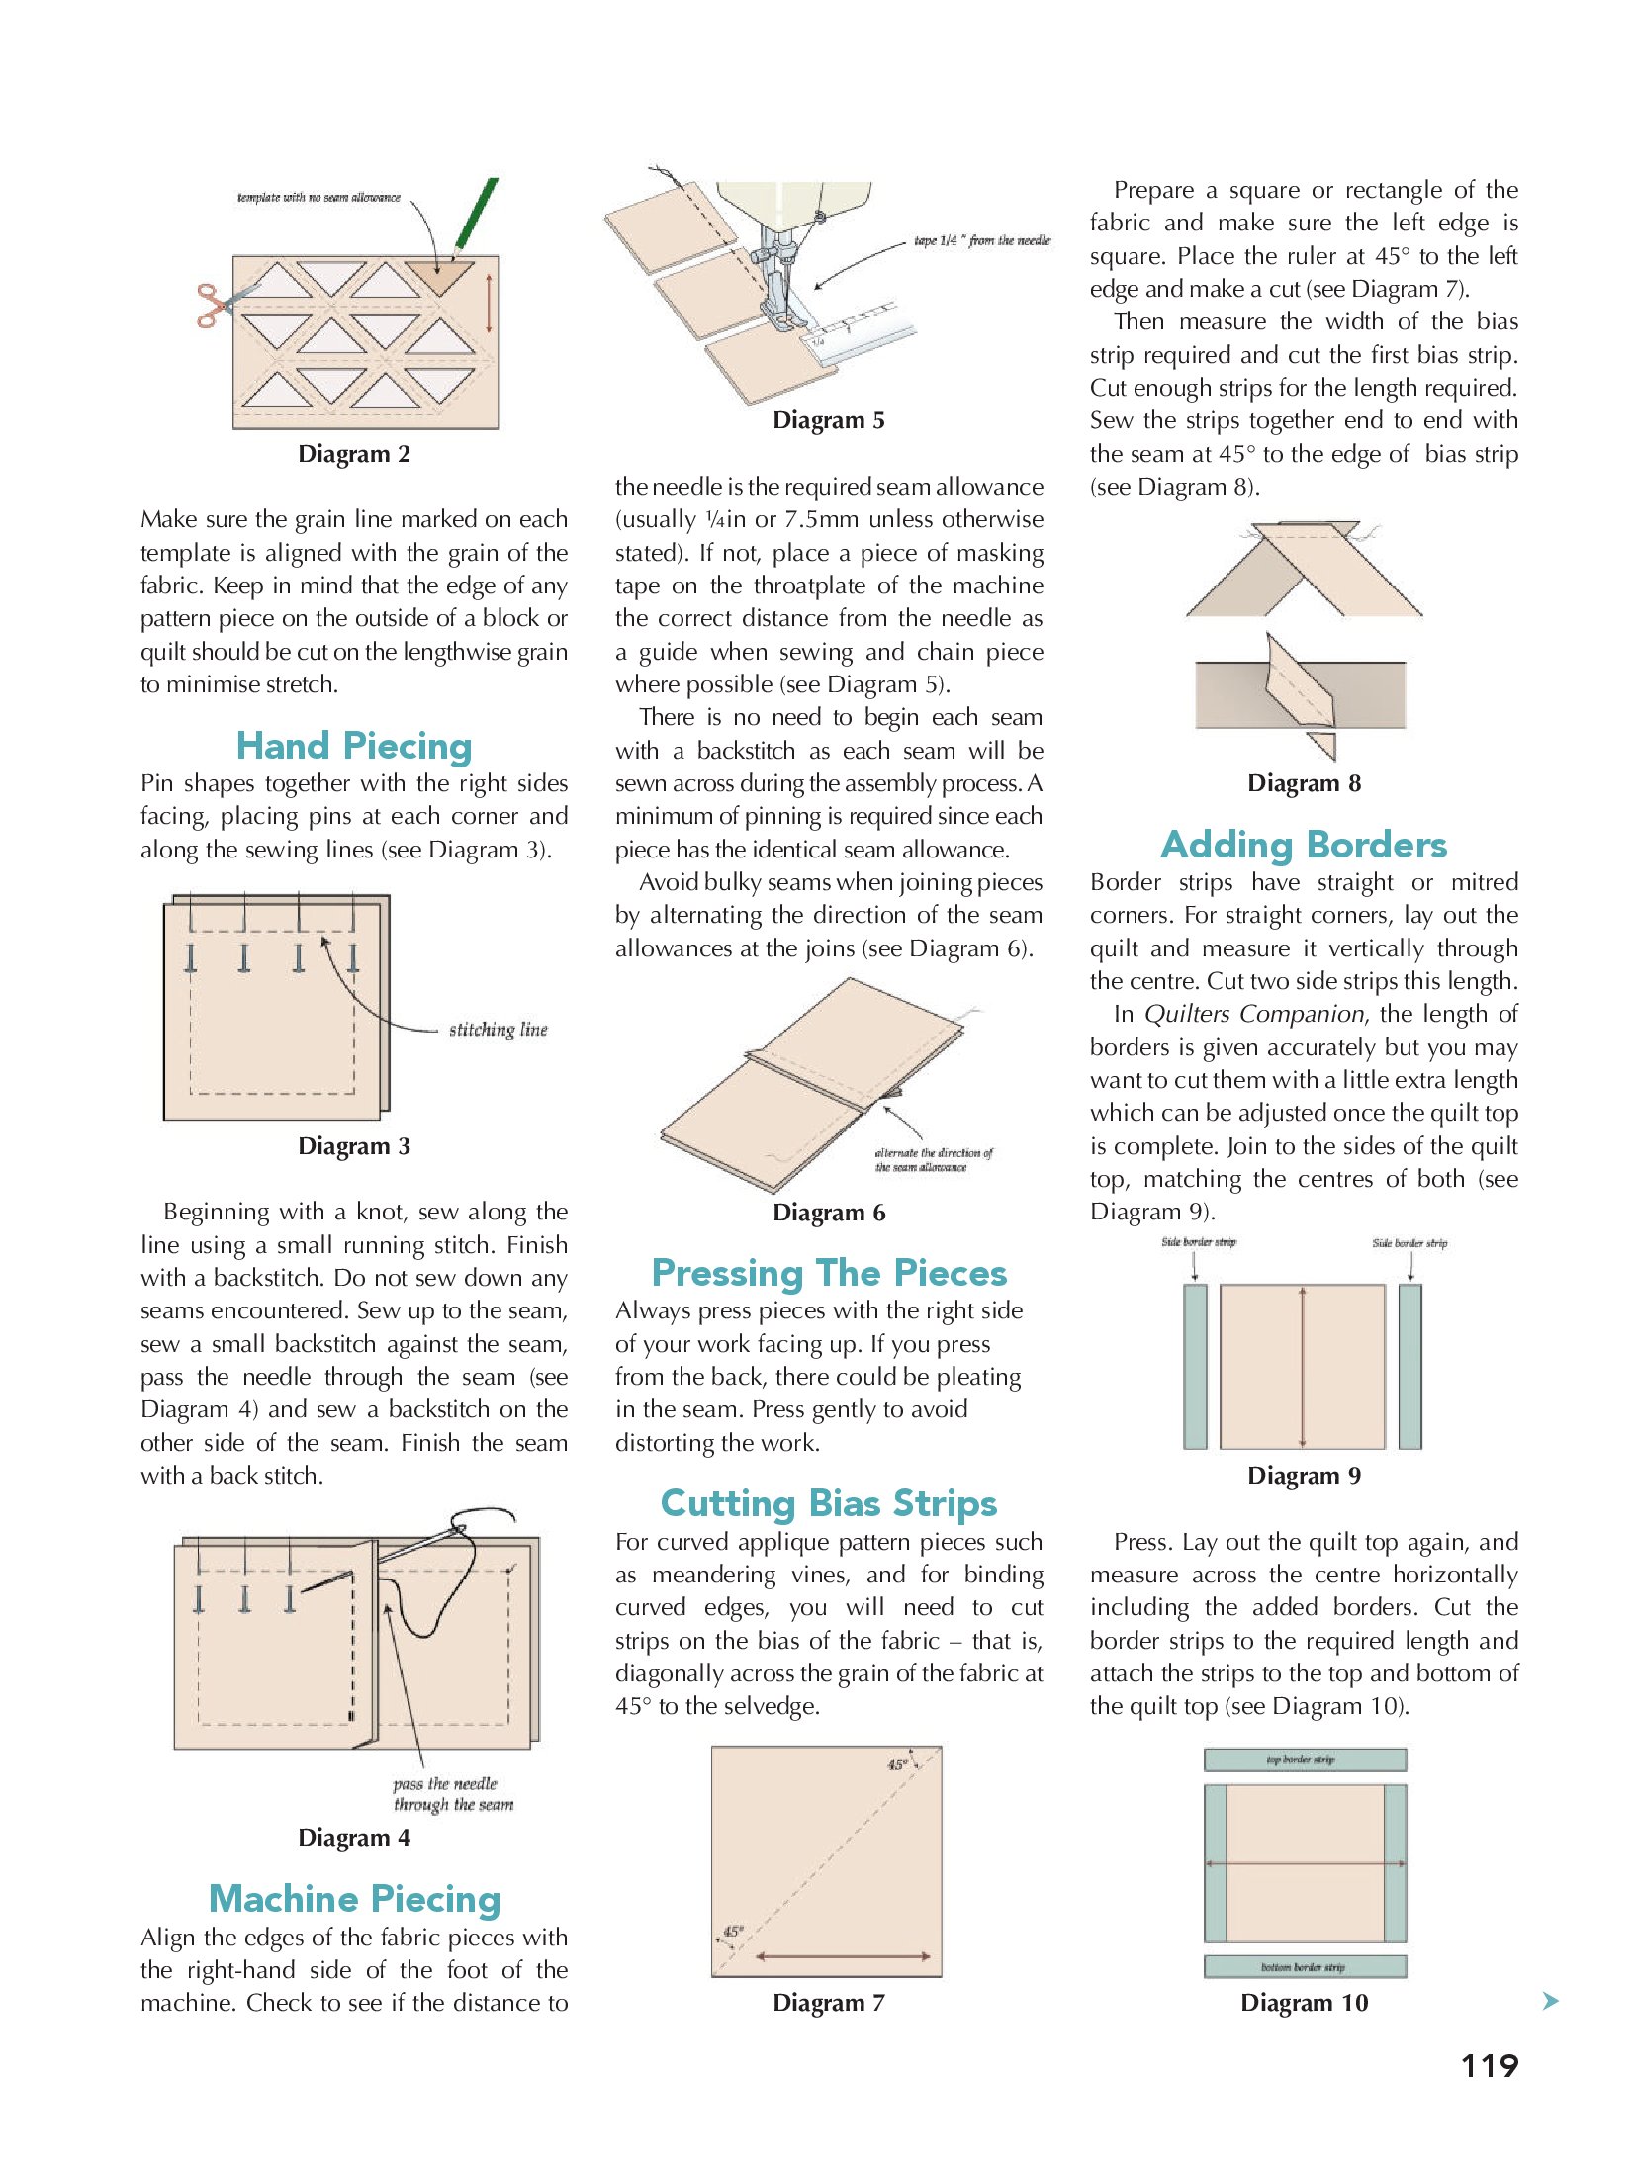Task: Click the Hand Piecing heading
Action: coord(354,747)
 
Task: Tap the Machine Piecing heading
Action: coord(354,1899)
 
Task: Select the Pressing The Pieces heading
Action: coord(829,1273)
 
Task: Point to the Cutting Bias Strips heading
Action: coord(829,1503)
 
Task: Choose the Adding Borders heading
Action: coord(1304,846)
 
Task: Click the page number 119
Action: coord(1489,2066)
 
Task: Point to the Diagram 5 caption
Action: coord(829,421)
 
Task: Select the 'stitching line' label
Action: coord(498,1030)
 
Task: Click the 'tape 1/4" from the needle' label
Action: coord(981,240)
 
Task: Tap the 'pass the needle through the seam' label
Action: coord(452,1794)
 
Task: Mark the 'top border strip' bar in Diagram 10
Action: coord(1304,1760)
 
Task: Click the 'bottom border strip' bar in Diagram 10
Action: coord(1304,1967)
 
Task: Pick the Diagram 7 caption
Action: coord(829,2003)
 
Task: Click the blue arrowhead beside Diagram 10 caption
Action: coord(1550,2001)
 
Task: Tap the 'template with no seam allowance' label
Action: coord(318,198)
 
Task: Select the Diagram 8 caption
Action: coord(1304,784)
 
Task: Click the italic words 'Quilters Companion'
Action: coord(1253,1015)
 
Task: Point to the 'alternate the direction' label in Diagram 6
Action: coord(933,1160)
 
